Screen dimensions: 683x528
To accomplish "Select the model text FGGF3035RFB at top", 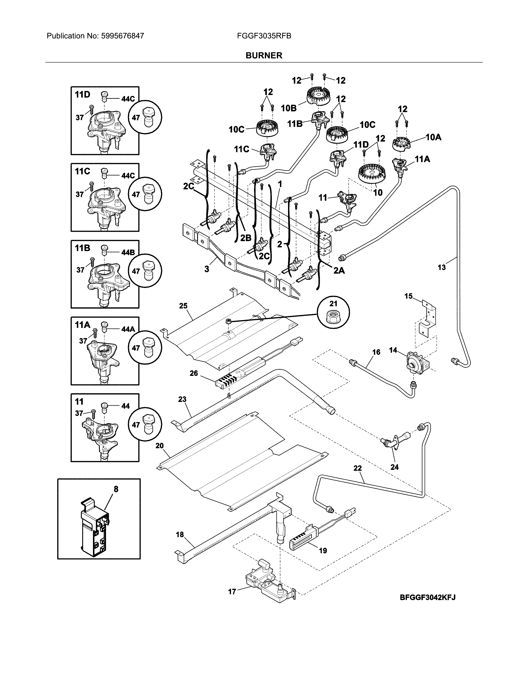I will pos(264,36).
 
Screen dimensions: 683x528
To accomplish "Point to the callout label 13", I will pos(441,267).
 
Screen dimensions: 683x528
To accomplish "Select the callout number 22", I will pos(358,468).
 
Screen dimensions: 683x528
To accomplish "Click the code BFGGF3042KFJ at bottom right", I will pos(428,597).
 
